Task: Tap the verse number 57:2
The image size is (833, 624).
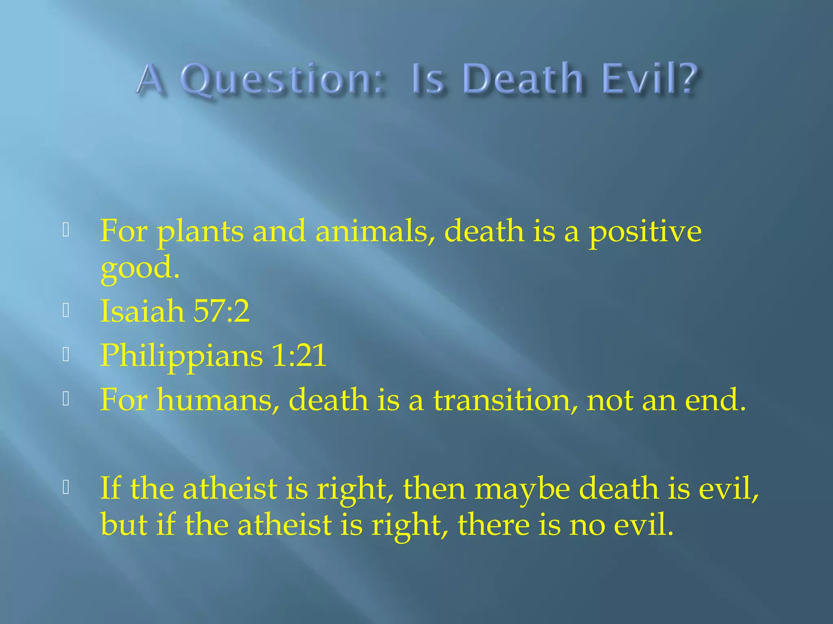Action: point(221,311)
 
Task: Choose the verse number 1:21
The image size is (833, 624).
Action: point(299,355)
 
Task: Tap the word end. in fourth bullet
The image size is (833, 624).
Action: point(715,400)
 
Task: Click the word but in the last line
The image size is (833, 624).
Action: point(124,524)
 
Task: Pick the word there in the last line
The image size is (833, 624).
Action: point(493,524)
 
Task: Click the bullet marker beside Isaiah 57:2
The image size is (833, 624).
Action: point(66,311)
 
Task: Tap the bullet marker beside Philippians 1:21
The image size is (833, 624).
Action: point(66,355)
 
